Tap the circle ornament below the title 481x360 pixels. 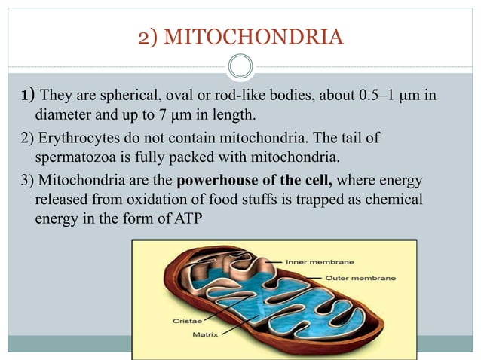coord(240,68)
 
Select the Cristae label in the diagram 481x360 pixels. coord(181,319)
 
